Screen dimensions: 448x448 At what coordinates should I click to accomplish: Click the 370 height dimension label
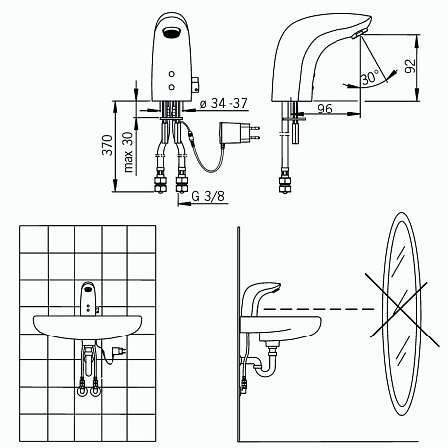coord(107,145)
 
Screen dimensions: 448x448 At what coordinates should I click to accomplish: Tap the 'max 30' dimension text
coord(128,152)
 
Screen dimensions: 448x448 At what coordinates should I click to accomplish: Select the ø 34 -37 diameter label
coord(224,104)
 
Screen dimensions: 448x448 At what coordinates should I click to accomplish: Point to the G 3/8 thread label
coord(208,196)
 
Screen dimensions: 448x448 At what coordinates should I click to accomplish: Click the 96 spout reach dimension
coord(325,109)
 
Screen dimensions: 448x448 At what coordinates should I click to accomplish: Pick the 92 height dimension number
coord(410,66)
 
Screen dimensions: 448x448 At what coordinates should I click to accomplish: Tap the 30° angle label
coord(369,78)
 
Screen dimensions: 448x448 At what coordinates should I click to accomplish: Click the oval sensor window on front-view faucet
coord(171,32)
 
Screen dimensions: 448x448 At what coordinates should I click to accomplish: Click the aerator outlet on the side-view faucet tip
coord(359,34)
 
